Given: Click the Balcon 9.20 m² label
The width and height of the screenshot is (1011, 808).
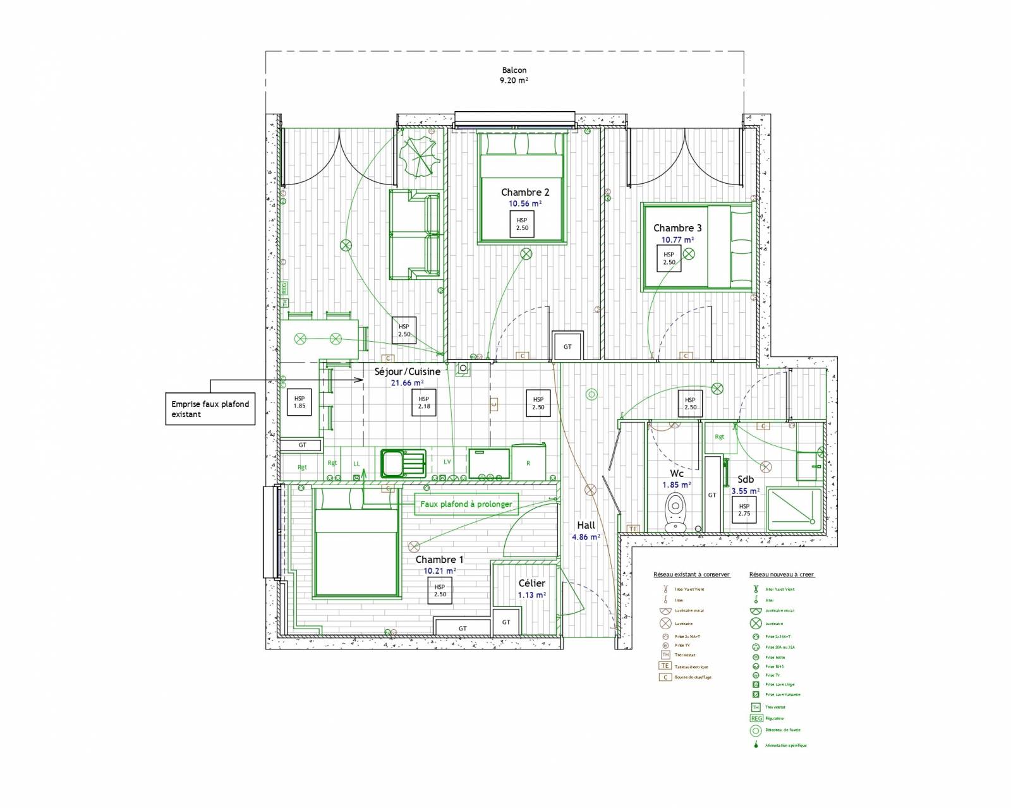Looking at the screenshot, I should click(x=514, y=75).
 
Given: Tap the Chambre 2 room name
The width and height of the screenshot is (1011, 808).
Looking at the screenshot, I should click(x=525, y=192).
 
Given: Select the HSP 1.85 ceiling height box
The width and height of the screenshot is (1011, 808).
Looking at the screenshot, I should click(x=300, y=402).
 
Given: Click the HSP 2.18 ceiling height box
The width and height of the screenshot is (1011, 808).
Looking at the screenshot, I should click(x=423, y=402).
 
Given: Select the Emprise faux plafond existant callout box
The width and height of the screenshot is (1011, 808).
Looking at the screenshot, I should click(x=210, y=409).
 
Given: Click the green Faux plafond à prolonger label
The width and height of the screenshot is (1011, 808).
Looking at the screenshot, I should click(x=466, y=504).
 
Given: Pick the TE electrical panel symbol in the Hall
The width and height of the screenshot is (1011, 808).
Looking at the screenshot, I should click(x=633, y=528).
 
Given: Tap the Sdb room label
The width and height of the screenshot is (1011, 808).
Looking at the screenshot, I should click(x=746, y=479).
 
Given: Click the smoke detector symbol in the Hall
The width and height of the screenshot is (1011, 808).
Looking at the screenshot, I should click(x=591, y=395).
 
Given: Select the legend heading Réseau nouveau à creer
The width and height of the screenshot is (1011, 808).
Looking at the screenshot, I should click(x=782, y=575).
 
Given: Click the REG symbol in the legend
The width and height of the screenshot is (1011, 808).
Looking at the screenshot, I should click(x=755, y=718).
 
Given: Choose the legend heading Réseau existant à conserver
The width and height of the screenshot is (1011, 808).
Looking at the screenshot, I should click(x=691, y=575).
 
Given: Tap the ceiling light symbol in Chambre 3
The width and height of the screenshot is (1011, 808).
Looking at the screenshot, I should click(x=689, y=254).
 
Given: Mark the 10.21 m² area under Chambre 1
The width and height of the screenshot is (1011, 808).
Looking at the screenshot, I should click(x=439, y=570).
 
